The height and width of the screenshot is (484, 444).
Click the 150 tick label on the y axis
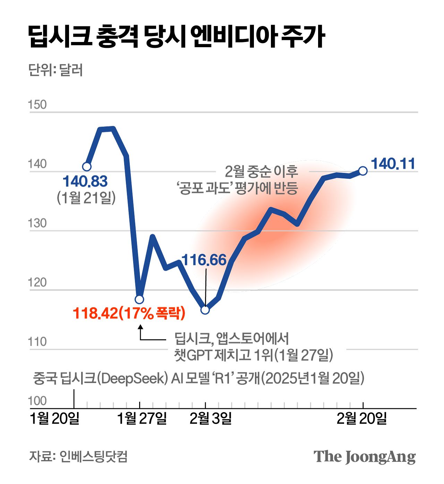pyautogui.click(x=37, y=105)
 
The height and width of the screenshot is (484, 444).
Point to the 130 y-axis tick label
pyautogui.click(x=37, y=223)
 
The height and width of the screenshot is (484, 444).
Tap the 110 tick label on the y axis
pyautogui.click(x=37, y=342)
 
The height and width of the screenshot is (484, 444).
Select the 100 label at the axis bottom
pyautogui.click(x=37, y=401)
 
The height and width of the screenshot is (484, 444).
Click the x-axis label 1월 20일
pyautogui.click(x=55, y=419)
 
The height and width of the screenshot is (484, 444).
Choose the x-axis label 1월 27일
pyautogui.click(x=142, y=419)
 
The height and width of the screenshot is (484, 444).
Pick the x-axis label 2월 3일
pyautogui.click(x=211, y=419)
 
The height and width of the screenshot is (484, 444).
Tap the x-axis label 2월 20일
pyautogui.click(x=361, y=419)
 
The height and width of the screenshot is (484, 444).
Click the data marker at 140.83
pyautogui.click(x=87, y=167)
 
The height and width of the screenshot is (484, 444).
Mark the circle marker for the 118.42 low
pyautogui.click(x=139, y=299)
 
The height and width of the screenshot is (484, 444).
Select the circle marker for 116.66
pyautogui.click(x=205, y=310)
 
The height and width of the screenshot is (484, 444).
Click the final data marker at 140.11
pyautogui.click(x=363, y=171)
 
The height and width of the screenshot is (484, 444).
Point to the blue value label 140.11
pyautogui.click(x=393, y=164)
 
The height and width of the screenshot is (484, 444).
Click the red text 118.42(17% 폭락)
pyautogui.click(x=129, y=313)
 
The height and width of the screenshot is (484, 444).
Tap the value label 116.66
pyautogui.click(x=204, y=260)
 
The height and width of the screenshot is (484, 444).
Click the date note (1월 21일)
pyautogui.click(x=86, y=198)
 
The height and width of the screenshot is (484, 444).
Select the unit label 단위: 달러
pyautogui.click(x=55, y=70)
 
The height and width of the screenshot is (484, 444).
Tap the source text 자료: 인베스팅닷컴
pyautogui.click(x=78, y=456)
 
